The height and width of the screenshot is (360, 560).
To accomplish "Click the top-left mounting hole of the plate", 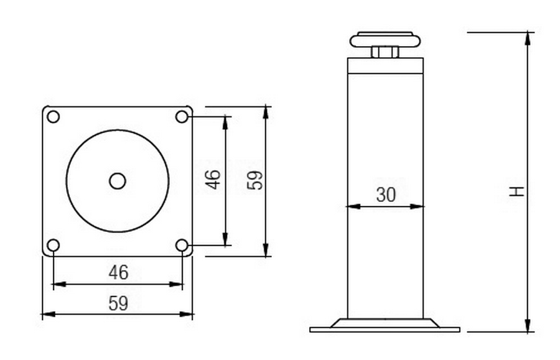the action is pyautogui.click(x=54, y=117).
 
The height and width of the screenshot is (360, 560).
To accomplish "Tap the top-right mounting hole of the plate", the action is pyautogui.click(x=182, y=117).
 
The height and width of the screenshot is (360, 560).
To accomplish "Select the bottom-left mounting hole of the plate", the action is pyautogui.click(x=54, y=245).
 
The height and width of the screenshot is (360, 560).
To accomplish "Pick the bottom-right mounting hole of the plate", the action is pyautogui.click(x=182, y=245).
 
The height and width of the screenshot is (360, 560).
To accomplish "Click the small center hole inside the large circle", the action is pyautogui.click(x=118, y=182).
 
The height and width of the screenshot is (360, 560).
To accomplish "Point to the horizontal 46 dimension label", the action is pyautogui.click(x=119, y=272).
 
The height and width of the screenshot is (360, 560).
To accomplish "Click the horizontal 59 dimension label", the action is pyautogui.click(x=119, y=303).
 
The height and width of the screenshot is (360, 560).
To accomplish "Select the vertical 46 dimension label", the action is pyautogui.click(x=213, y=179).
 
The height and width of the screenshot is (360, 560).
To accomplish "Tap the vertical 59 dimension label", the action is pyautogui.click(x=255, y=180).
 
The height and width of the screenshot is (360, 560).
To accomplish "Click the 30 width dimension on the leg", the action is pyautogui.click(x=386, y=195).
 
